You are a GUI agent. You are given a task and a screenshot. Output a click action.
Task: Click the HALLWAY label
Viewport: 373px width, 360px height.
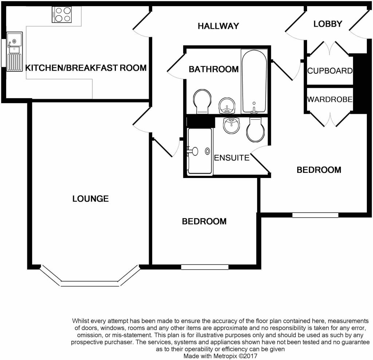coord(218,26)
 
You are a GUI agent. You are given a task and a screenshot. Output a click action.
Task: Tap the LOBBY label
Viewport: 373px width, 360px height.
coord(327,24)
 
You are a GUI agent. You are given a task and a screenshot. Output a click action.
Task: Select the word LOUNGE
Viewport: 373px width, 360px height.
coord(90,199)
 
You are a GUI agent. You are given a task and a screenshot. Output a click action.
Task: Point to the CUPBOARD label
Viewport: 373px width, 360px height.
coord(330,71)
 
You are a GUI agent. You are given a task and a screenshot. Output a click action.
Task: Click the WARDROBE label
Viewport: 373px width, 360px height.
coord(330,99)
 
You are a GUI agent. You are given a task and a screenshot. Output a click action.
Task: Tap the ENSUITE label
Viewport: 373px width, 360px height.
coord(232,158)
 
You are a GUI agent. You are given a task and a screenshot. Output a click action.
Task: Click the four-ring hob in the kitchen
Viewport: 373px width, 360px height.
coord(62,15)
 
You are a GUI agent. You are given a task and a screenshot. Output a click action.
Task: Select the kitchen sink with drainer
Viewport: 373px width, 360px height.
coord(15,51)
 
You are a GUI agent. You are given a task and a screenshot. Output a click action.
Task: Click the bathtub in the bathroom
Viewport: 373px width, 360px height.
coord(254,81)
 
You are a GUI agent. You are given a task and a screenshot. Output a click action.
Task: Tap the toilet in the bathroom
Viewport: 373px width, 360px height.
coord(202,101)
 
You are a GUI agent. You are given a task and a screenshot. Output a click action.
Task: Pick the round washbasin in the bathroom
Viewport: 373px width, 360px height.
coord(227,105)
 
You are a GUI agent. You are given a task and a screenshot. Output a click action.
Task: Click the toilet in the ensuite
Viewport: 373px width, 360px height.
coord(255,130)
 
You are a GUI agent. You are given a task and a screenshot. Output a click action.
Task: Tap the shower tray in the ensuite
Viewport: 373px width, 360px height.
coord(200,151)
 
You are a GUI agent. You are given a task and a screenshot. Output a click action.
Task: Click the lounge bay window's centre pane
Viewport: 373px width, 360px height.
coord(90,284)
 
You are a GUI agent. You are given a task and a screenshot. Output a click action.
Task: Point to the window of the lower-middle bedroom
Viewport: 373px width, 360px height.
coord(205,267)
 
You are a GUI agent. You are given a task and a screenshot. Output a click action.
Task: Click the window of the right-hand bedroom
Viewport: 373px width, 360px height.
coord(315,215)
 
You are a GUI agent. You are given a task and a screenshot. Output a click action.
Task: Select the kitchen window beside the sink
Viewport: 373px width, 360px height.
coord(3,53)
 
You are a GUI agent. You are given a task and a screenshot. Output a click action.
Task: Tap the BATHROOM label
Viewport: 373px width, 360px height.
coord(213,69)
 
